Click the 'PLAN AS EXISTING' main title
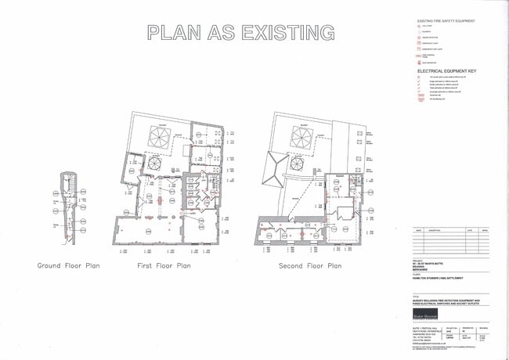coord(241,33)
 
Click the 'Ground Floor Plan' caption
coord(69,266)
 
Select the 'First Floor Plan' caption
coord(164,266)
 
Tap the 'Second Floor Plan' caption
coord(310,266)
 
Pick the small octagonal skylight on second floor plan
coord(298,167)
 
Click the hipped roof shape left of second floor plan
coord(276,170)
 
